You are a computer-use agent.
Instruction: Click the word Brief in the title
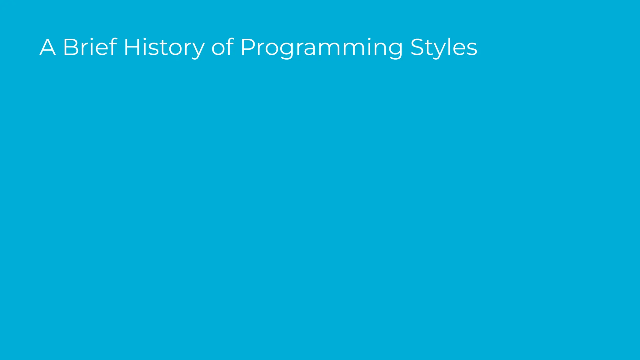(x=90, y=47)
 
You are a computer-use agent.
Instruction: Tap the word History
(x=164, y=47)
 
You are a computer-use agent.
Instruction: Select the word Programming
(x=322, y=47)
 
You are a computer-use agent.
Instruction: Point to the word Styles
(x=444, y=47)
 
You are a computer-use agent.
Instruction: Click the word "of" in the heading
(x=222, y=47)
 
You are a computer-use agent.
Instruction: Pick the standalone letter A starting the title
(x=47, y=47)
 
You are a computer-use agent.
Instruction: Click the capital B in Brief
(x=71, y=47)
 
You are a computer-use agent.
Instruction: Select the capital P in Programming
(x=248, y=47)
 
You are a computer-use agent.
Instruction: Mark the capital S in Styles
(x=418, y=47)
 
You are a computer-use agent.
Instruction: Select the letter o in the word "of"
(x=218, y=49)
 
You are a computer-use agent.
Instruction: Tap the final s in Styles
(x=472, y=49)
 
